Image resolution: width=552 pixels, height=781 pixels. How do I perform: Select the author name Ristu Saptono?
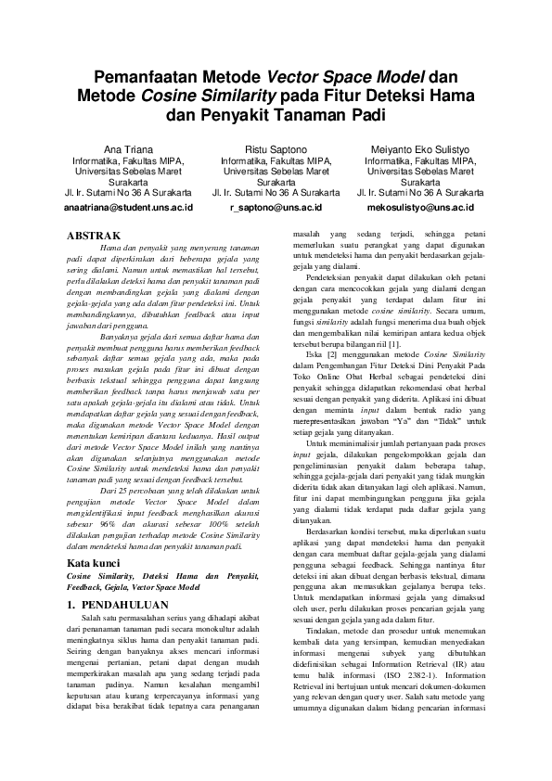click(x=276, y=148)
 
